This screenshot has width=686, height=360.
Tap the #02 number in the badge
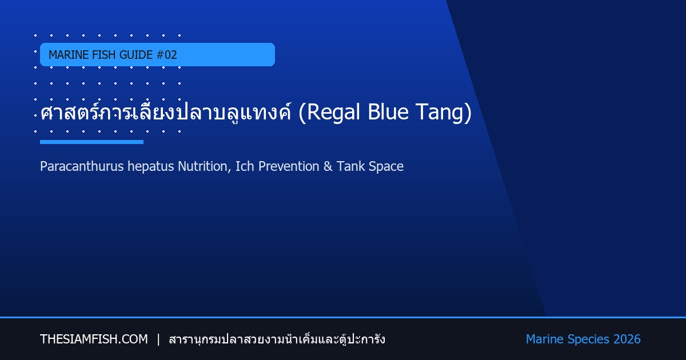[166, 55]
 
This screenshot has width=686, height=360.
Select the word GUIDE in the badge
[136, 55]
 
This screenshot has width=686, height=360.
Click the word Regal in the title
[333, 113]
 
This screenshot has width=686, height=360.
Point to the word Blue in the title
[388, 112]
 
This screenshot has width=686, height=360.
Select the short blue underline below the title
[91, 142]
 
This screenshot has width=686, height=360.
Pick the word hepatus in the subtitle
[151, 167]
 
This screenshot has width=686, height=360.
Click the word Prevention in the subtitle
[289, 166]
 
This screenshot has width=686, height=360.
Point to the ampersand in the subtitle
[328, 166]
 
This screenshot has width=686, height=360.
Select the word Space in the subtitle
[386, 167]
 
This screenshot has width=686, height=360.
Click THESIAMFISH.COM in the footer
[94, 339]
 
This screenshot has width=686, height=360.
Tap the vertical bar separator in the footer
[158, 339]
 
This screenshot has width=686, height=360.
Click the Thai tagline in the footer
[277, 339]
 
